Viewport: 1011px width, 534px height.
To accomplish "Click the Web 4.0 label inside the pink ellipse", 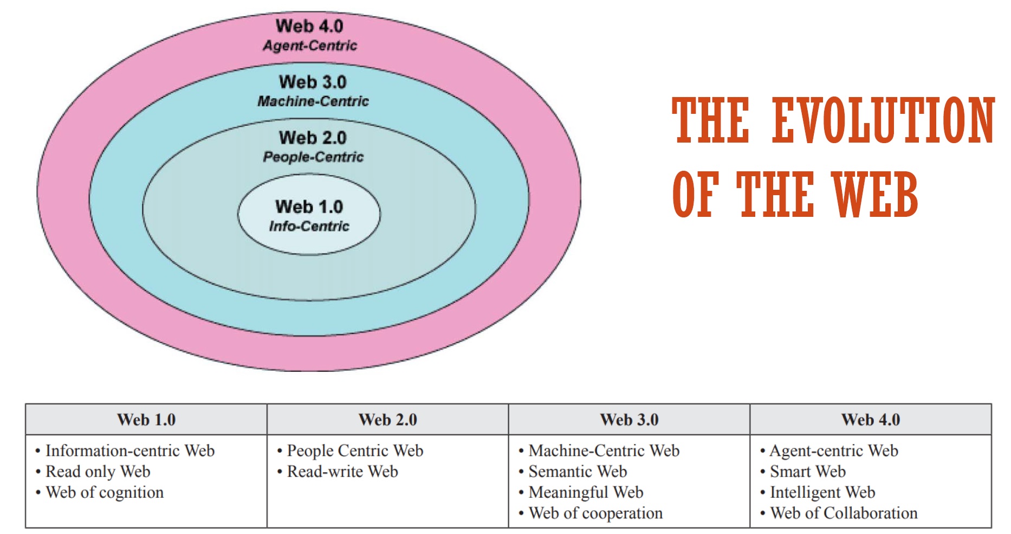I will pos(309,26).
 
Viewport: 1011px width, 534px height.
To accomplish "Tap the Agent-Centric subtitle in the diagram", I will pos(310,46).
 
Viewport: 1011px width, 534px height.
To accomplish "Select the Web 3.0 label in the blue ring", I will pos(313,82).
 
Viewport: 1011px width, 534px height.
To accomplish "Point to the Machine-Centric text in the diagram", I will pos(313,101).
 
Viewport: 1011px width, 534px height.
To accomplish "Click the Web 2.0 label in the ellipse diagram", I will pos(313,138).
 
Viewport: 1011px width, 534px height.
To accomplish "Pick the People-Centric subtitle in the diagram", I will pos(313,157).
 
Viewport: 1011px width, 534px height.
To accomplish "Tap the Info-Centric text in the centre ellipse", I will pos(309,226).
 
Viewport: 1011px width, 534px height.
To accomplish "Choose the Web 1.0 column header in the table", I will pos(146,420).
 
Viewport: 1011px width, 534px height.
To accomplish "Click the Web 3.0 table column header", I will pos(629,420).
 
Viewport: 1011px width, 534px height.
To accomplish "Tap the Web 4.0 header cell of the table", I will pos(871,420).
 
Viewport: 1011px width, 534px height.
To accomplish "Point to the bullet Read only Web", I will pos(98,472).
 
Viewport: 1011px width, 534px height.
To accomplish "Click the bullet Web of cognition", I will pos(104,492).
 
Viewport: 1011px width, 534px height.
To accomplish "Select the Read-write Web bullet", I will pos(342,472).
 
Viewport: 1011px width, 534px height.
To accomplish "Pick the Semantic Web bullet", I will pos(578,472).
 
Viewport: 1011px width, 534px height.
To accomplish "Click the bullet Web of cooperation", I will pos(595,513).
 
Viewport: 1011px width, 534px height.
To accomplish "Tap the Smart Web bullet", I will pos(807,472).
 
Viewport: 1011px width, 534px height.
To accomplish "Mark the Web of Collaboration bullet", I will pos(844,513).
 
